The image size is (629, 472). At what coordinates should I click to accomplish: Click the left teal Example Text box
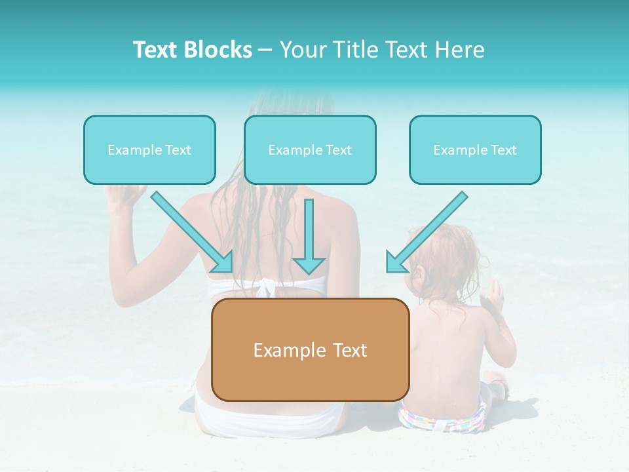point(149,150)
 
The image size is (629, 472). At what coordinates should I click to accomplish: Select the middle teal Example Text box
point(310,150)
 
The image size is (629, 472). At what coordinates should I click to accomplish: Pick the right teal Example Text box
point(475,150)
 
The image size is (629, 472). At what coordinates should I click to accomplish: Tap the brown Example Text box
point(310,350)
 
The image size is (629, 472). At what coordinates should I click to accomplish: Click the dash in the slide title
point(265,50)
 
